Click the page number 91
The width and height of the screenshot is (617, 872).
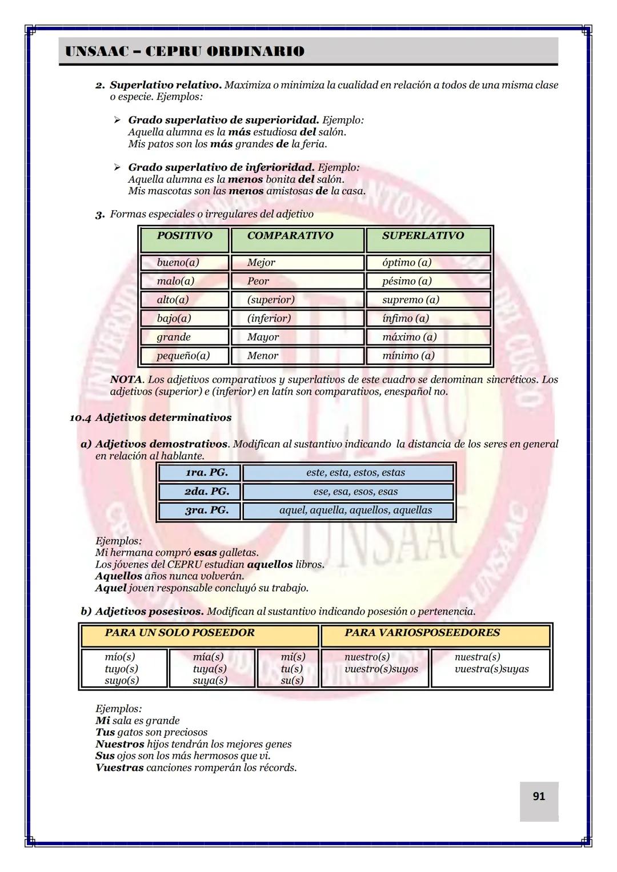point(538,796)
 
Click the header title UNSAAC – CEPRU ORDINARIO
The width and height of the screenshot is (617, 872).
point(185,51)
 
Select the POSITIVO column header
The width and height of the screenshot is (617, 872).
point(184,236)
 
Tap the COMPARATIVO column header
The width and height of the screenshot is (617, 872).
point(290,236)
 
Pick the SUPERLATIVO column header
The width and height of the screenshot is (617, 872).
point(423,236)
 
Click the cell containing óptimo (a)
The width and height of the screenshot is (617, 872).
point(407,263)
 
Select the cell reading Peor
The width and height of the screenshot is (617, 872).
point(258,281)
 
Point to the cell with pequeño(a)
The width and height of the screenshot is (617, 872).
point(183,356)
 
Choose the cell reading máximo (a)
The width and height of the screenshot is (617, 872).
point(409,337)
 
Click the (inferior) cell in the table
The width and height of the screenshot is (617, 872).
point(269,318)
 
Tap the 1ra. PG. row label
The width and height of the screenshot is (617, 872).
point(206,473)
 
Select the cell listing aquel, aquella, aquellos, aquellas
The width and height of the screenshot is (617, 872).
point(355,510)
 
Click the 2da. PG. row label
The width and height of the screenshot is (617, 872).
point(206,491)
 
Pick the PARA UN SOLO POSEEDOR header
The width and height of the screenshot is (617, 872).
point(180,633)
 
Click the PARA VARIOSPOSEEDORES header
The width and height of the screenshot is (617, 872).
point(422,633)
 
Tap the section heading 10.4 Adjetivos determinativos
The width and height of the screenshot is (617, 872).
point(150,417)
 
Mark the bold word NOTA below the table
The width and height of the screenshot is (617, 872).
point(126,380)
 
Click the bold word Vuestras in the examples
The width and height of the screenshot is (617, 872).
point(119,767)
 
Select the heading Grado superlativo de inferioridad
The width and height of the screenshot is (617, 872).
point(221,167)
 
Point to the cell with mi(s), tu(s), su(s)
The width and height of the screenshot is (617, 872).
point(293,669)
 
